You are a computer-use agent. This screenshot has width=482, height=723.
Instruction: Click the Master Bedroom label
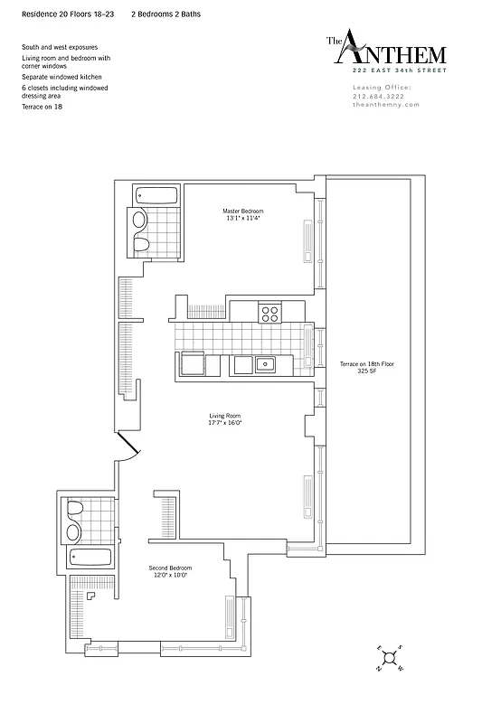click(x=241, y=211)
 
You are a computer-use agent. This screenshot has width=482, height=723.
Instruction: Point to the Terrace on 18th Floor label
click(x=366, y=363)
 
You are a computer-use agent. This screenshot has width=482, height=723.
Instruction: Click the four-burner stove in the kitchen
click(x=269, y=313)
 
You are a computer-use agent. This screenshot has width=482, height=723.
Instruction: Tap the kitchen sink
click(x=264, y=365)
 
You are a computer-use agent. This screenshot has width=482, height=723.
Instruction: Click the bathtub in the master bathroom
click(x=157, y=194)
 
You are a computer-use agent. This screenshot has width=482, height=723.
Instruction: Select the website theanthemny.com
click(x=384, y=105)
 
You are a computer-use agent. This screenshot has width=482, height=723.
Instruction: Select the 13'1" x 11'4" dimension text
click(x=241, y=218)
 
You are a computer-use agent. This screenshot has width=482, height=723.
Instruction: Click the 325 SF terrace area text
click(x=366, y=371)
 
